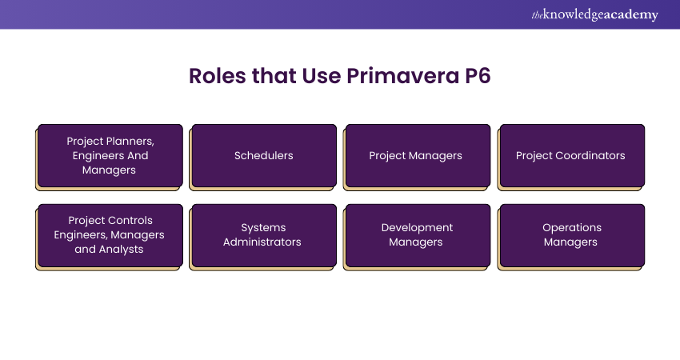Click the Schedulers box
coord(264,156)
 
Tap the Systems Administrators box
coord(264,235)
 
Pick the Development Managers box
coord(418,235)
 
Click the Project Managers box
coord(418,156)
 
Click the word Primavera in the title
coord(402,76)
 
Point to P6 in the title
coord(478,76)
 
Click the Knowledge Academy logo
coord(595,14)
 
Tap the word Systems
coord(263,228)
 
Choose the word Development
coord(417,228)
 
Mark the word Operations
coord(572,228)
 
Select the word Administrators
coord(262,242)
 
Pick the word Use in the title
coord(322,76)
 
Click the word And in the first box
coord(138,156)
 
